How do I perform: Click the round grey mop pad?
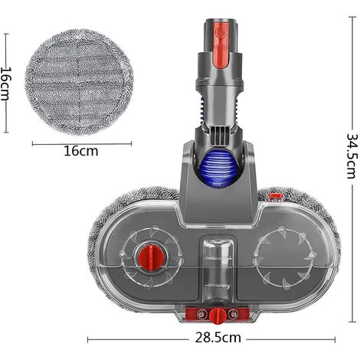79,81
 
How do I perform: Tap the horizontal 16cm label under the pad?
79,151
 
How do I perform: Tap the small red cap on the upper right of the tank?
275,198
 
